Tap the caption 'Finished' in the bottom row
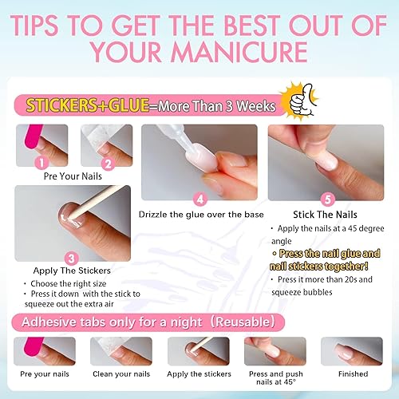tap(351, 373)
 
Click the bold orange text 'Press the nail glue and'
tap(327, 253)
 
